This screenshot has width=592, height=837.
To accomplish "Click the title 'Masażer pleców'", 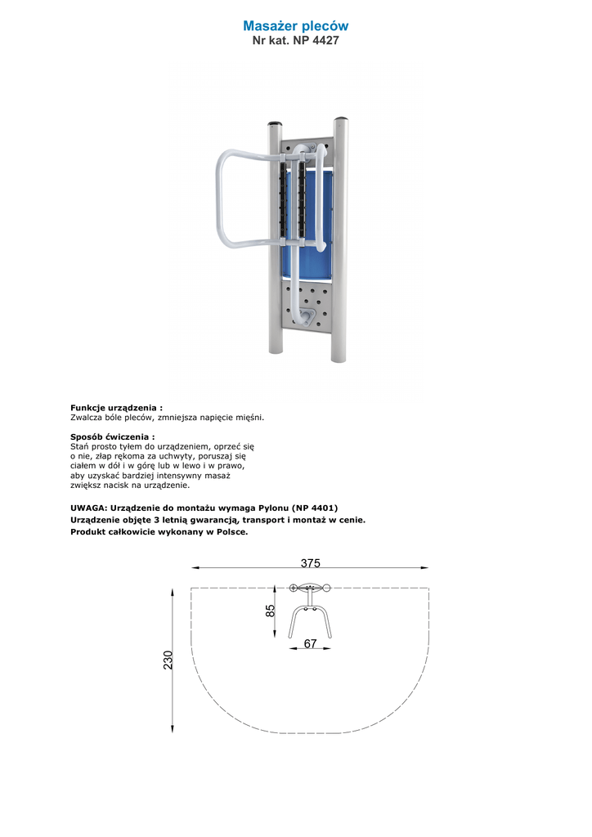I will click(295, 26).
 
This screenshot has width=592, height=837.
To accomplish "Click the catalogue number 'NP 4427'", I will click(316, 40).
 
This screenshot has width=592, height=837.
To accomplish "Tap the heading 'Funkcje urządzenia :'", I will click(116, 407).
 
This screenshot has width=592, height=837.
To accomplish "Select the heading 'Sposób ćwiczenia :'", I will click(112, 436).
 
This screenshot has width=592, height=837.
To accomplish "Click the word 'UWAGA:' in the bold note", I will click(88, 508).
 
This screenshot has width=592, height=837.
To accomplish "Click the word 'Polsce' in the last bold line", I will click(230, 531).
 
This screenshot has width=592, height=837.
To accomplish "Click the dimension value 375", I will click(310, 563).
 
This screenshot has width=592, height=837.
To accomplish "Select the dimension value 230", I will click(168, 660).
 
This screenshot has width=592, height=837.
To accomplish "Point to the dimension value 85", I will click(271, 610).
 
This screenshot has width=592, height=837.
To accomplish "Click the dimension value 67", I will click(310, 644).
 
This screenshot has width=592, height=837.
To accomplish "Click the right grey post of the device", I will click(339, 245).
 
